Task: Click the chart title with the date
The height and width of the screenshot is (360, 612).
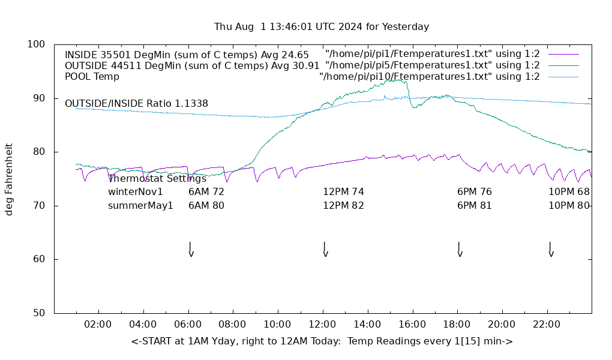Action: pos(322,27)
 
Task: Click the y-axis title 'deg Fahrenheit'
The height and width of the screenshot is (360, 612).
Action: pos(9,179)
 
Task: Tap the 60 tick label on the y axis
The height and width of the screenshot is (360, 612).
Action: pos(38,259)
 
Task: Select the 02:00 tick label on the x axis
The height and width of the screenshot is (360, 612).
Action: pos(98,325)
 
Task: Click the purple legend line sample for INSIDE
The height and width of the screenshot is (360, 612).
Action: pos(563,55)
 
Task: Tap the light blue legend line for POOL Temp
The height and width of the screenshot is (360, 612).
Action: pos(563,77)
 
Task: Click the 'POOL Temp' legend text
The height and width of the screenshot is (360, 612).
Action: pos(92,77)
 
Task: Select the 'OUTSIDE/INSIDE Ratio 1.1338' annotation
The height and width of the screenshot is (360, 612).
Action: pos(136,104)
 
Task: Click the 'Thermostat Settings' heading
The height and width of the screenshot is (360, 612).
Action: pos(157,179)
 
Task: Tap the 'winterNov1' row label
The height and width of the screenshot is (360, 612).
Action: pos(136,192)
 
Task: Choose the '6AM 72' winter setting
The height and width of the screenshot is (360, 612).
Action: pos(206,192)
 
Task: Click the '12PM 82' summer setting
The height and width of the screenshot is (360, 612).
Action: pos(343,206)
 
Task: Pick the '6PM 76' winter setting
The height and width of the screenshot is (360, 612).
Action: pos(474,192)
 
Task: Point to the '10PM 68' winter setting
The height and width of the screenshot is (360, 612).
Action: pos(569,192)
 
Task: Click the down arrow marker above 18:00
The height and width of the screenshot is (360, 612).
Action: pos(460,250)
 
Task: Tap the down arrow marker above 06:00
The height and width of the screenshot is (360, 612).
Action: pos(191,250)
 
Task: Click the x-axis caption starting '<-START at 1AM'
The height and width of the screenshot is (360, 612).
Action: pos(322,341)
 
